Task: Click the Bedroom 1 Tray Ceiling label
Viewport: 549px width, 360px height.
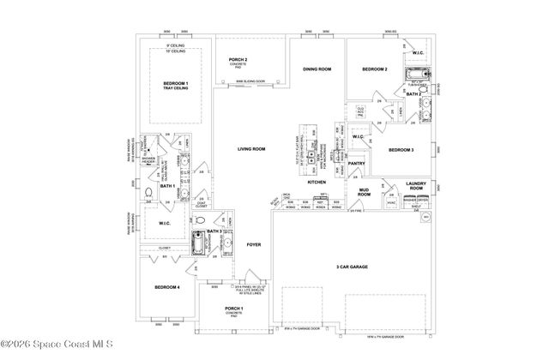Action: coord(176,85)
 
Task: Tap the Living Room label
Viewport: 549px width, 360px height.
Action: coord(251,149)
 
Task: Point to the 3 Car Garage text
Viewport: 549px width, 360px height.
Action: coord(352,267)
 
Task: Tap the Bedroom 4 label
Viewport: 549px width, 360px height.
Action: coord(166,286)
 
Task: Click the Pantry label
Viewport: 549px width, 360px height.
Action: coord(357,163)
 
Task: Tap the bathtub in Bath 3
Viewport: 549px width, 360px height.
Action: coord(200,244)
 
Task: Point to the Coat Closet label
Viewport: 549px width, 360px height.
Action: coord(201,204)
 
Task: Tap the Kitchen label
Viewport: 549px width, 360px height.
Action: coord(317,183)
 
